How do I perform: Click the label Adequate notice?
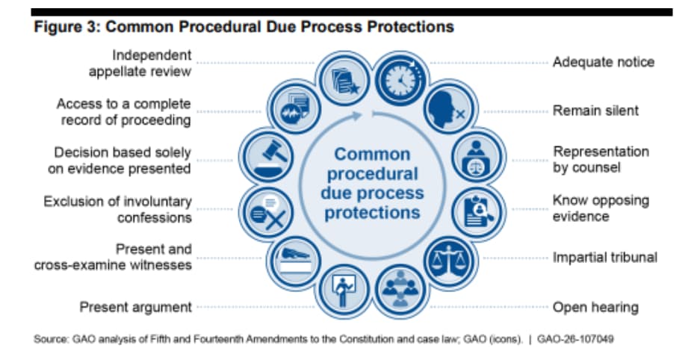[603, 62]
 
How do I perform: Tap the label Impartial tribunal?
[604, 258]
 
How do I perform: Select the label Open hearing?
[595, 307]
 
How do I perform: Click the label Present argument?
[136, 307]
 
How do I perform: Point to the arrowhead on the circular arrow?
[361, 115]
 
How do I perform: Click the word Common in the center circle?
[372, 155]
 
